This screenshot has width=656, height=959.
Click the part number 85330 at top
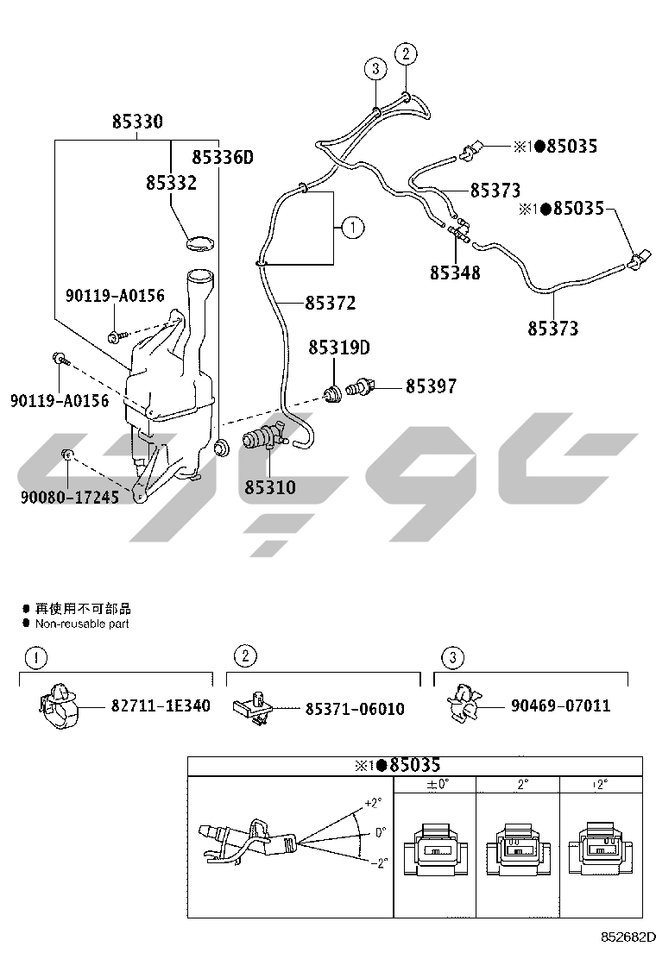137,122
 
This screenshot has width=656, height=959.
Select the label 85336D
222,158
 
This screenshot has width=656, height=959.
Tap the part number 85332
172,182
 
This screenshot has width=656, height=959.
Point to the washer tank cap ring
199,243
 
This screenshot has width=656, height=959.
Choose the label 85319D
339,348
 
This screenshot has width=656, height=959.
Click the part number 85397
432,385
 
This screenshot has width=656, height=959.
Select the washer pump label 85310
270,487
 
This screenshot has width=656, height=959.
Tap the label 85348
455,273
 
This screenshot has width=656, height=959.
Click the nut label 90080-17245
70,498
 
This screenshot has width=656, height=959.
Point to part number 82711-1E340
161,705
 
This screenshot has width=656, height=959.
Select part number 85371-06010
355,709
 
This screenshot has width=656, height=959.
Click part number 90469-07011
561,705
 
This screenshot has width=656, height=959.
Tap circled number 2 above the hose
406,53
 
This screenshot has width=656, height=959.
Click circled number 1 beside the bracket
353,228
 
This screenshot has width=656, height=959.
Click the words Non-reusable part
82,624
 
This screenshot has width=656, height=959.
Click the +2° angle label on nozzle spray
373,803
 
